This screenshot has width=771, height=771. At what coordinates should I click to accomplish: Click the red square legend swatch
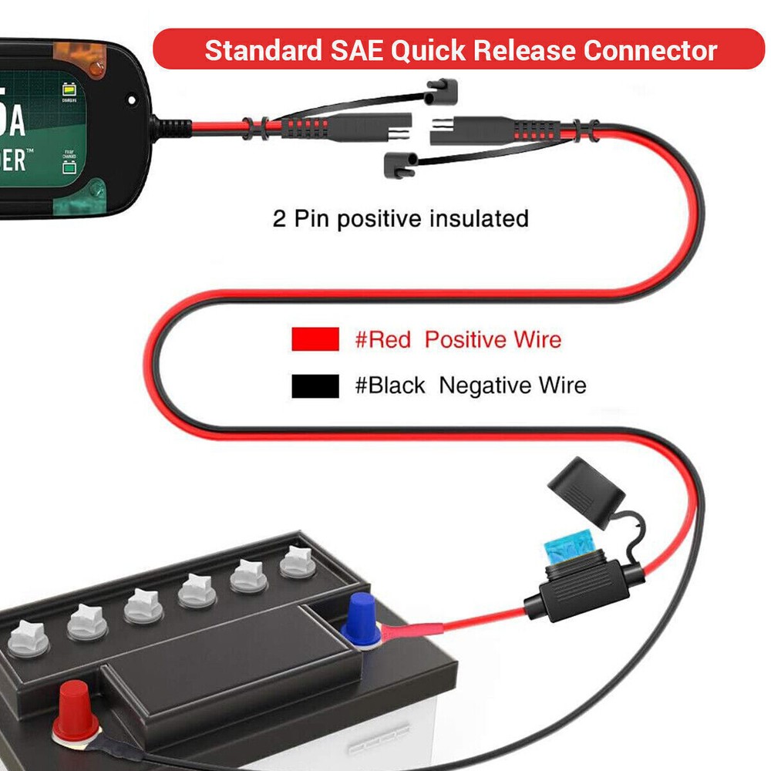pyautogui.click(x=315, y=339)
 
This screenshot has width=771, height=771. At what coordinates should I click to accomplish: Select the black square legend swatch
pyautogui.click(x=315, y=385)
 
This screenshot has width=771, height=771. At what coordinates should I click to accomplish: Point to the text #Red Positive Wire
pyautogui.click(x=458, y=339)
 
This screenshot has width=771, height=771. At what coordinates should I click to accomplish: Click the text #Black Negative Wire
pyautogui.click(x=470, y=385)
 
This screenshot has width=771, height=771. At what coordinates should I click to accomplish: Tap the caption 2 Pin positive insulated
pyautogui.click(x=400, y=219)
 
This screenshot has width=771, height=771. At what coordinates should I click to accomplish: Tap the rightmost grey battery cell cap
pyautogui.click(x=298, y=561)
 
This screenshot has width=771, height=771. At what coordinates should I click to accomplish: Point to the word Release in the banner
pyautogui.click(x=527, y=51)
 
